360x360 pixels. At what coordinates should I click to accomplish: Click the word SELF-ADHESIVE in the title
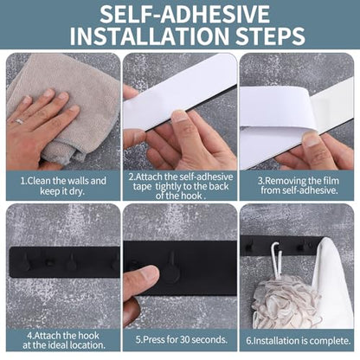coord(184,14)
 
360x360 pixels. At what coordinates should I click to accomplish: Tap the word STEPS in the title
coord(270,35)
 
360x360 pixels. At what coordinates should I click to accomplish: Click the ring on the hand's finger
coord(19,121)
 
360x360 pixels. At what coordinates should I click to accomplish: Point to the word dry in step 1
coord(77,192)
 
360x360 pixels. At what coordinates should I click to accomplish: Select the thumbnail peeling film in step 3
coord(311,139)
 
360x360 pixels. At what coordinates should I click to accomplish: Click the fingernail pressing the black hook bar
coord(150,273)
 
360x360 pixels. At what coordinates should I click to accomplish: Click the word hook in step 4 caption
coord(88,336)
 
